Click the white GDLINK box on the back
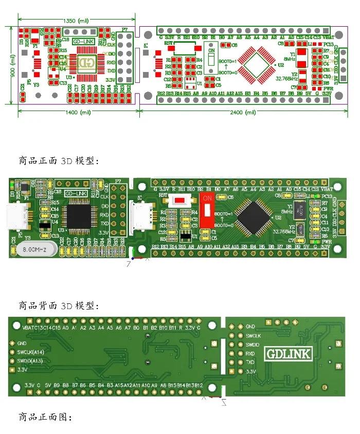(x=289, y=354)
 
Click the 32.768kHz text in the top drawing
(x=286, y=79)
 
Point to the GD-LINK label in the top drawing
(x=83, y=42)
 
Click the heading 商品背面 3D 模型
(x=57, y=305)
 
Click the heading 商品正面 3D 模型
(x=57, y=161)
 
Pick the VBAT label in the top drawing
(x=328, y=37)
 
